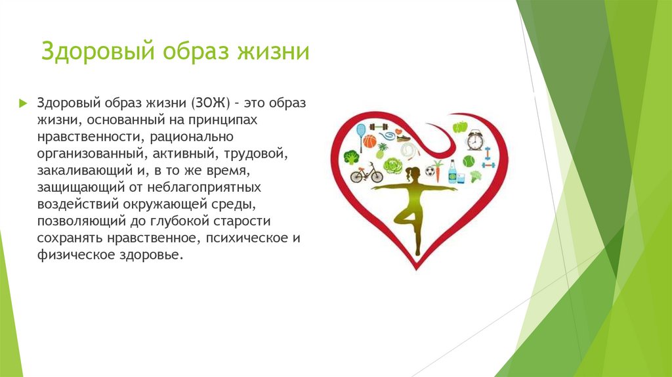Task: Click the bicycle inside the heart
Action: coord(366,173)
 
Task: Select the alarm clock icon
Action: coord(475,139)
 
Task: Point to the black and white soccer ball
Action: coord(430,171)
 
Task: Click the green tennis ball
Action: coord(469,161)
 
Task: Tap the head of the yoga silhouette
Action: coord(413,174)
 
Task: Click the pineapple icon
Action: coord(382,150)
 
